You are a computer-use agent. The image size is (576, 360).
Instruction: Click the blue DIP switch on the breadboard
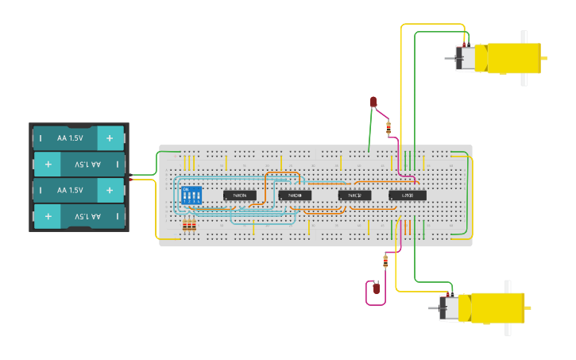[191, 195]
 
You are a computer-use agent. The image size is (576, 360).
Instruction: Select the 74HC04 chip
[239, 195]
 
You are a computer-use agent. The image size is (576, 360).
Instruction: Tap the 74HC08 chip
[295, 195]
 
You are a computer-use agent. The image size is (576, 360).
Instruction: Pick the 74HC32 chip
[354, 195]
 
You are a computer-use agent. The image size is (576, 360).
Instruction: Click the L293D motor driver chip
[408, 195]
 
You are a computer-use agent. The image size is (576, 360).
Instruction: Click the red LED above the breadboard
[373, 102]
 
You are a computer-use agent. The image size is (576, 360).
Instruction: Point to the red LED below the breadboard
[377, 288]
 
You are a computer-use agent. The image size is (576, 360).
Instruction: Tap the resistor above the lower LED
[385, 261]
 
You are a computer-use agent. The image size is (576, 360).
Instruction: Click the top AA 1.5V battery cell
[78, 138]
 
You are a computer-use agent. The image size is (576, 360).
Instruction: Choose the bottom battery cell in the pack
[78, 216]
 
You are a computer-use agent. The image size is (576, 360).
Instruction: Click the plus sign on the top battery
[110, 137]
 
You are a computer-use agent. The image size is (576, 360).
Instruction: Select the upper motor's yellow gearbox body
[513, 58]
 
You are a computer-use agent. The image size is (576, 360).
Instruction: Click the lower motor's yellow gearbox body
[497, 308]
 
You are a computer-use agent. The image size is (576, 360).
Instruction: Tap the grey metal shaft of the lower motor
[434, 308]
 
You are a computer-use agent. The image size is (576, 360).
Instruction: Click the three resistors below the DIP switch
[189, 225]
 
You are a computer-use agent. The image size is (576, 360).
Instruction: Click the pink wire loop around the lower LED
[368, 294]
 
